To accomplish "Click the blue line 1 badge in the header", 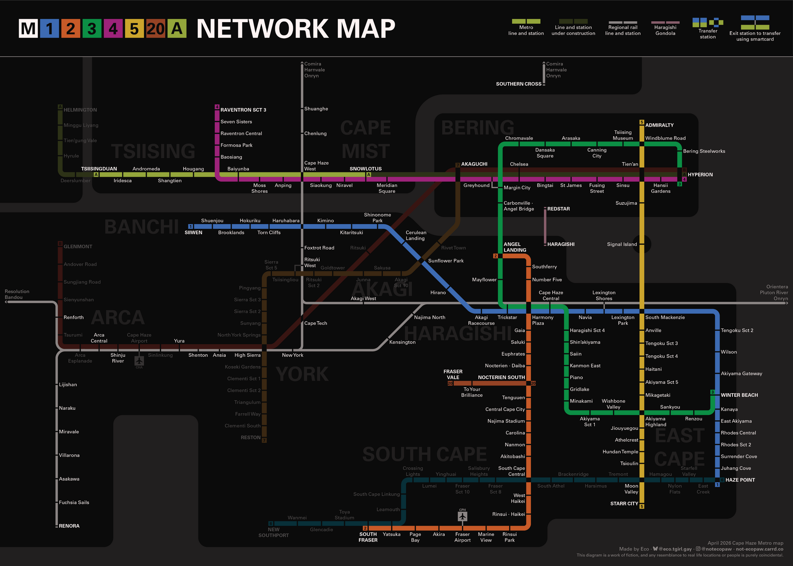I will [50, 29].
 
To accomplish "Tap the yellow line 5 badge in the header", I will [134, 29].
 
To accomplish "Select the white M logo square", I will [28, 29].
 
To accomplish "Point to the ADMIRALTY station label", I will [659, 125].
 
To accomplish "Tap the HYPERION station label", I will [700, 175].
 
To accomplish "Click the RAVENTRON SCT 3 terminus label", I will [243, 110].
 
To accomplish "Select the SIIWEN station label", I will [193, 232].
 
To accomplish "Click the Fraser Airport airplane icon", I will [462, 516].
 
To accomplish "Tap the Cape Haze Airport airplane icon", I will [139, 360].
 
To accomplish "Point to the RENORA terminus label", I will [69, 526].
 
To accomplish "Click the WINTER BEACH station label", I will [739, 395].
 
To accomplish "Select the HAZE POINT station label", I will [740, 480].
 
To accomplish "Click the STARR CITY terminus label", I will [624, 504].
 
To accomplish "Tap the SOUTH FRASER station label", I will [368, 537].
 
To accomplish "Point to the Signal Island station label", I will [622, 244].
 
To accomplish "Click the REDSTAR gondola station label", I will [558, 209].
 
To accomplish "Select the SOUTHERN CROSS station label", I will [518, 84].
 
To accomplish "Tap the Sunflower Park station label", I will [446, 261].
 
